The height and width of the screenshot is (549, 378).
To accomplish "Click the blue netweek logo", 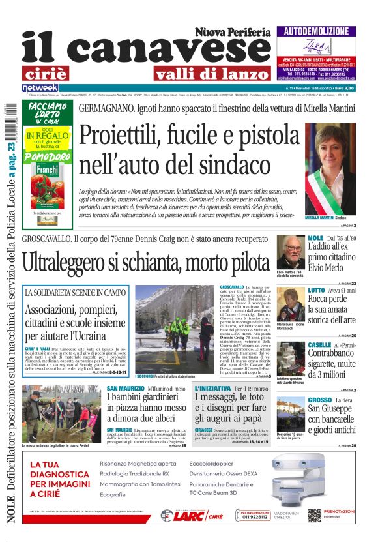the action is click(40, 87).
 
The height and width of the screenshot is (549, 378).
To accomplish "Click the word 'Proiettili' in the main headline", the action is click(125, 136).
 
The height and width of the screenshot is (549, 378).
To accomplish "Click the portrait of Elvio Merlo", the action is click(291, 250).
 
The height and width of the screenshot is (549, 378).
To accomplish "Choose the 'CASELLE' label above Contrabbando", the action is click(320, 344).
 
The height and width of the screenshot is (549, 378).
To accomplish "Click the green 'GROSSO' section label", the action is click(320, 399).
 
